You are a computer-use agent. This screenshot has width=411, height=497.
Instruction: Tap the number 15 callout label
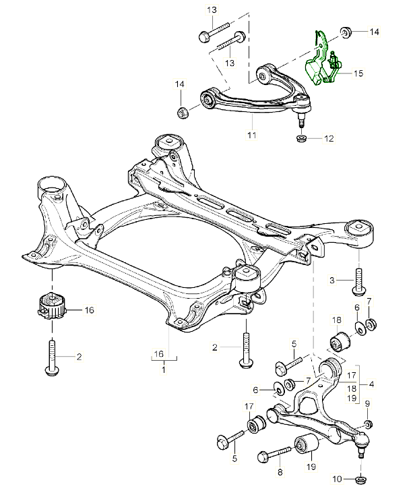click(357, 73)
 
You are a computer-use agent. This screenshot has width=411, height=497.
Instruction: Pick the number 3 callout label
click(332, 279)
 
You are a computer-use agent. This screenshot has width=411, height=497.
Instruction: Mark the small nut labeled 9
click(368, 423)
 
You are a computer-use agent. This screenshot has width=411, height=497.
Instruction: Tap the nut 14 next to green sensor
click(346, 32)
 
